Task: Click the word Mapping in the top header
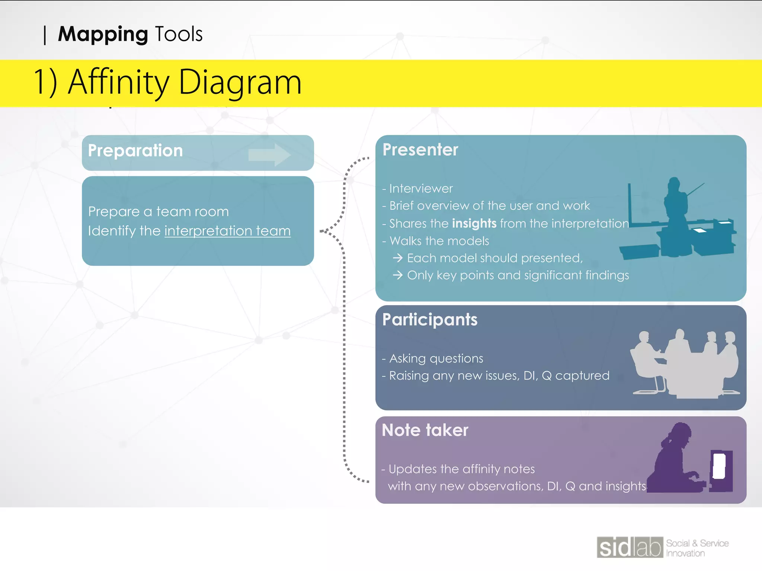[103, 34]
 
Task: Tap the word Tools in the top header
[179, 34]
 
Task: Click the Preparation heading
[135, 151]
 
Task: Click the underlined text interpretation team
[227, 231]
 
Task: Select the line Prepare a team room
[159, 212]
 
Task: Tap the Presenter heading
[420, 150]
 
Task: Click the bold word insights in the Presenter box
[474, 223]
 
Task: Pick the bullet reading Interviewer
[420, 188]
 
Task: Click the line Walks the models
[439, 241]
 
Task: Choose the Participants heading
[430, 320]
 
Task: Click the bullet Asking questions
[436, 358]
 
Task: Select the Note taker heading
[425, 430]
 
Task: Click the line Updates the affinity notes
[461, 469]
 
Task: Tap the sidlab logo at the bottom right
[630, 547]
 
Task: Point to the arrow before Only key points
[398, 275]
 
